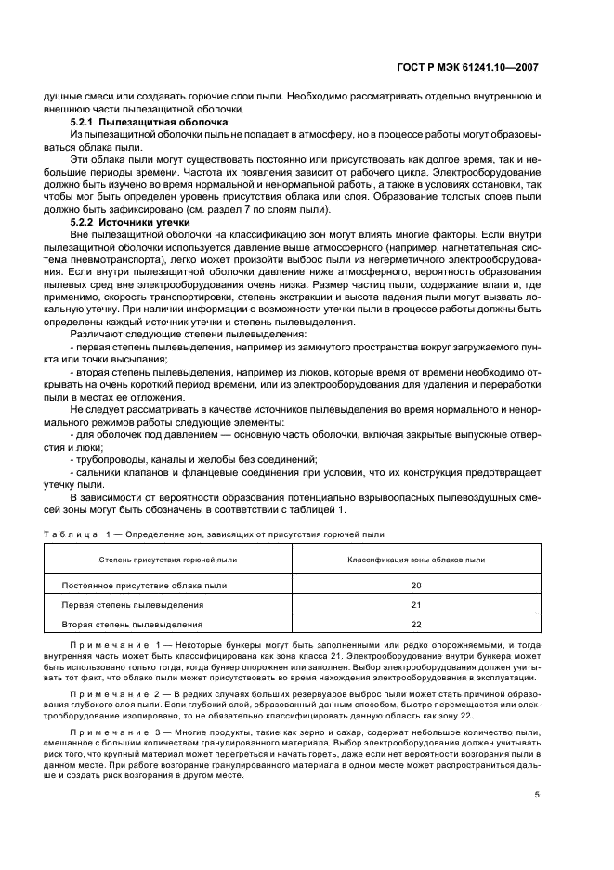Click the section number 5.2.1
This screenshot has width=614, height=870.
coord(86,123)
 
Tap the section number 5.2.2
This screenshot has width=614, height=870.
coord(86,223)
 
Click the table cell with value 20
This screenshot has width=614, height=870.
coord(415,586)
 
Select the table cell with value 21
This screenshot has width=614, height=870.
coord(415,605)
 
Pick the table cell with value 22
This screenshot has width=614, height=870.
coord(415,625)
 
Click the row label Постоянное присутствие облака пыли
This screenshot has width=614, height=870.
coord(143,586)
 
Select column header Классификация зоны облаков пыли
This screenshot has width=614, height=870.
coord(415,560)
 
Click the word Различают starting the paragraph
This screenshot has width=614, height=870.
coord(97,333)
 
